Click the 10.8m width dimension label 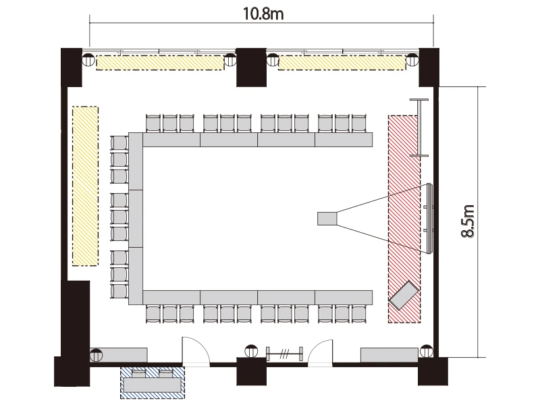click(263, 14)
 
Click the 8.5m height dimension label click(468, 221)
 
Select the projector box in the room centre click(327, 219)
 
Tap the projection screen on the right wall click(429, 219)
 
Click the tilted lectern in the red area click(404, 296)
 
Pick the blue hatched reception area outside click(153, 383)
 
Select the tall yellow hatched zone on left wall click(86, 186)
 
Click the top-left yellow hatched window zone click(160, 63)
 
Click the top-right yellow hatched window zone click(342, 63)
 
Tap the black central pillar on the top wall click(251, 67)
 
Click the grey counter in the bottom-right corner click(389, 355)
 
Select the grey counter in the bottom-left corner click(119, 355)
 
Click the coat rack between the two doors click(284, 354)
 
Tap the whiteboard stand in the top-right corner click(419, 128)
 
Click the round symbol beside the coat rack click(251, 351)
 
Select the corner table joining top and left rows click(136, 161)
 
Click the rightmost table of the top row click(344, 140)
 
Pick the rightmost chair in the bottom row click(359, 314)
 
